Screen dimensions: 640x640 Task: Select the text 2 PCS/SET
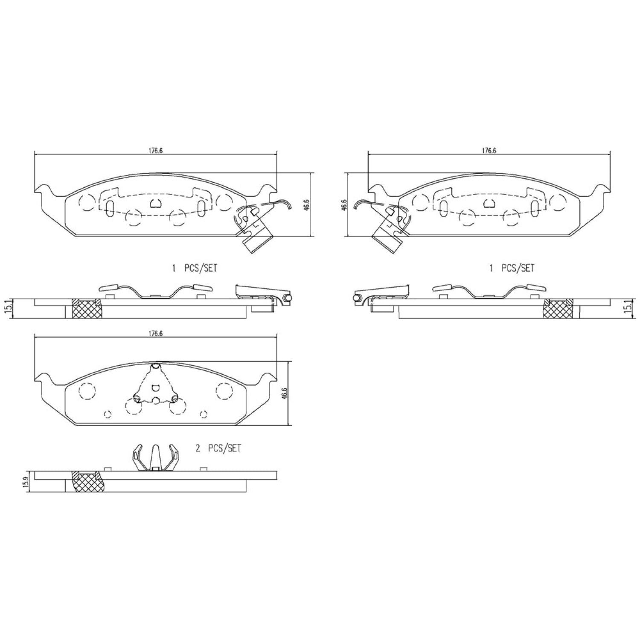click(x=218, y=448)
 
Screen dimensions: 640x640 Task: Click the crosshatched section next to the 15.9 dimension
click(x=87, y=482)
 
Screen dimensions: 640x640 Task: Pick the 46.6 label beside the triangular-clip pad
click(x=285, y=393)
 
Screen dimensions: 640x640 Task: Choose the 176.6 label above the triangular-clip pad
click(x=156, y=334)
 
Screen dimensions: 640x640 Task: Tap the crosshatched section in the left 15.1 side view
click(x=87, y=308)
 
